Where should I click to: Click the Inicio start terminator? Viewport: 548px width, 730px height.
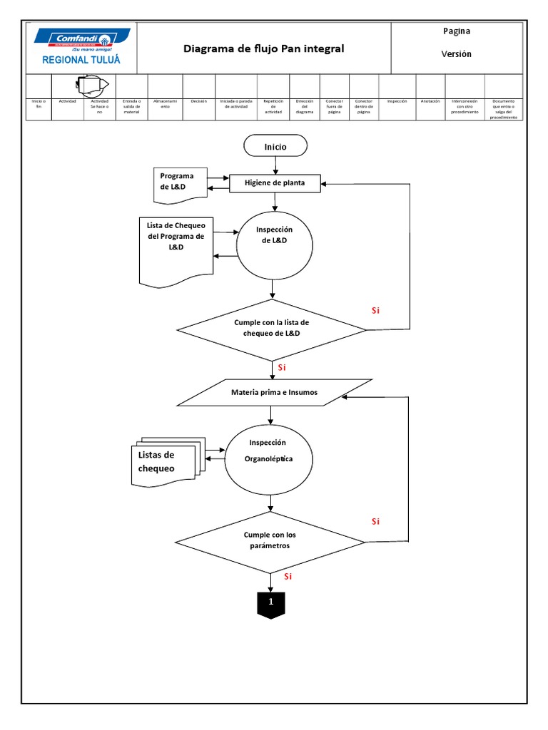pos(275,146)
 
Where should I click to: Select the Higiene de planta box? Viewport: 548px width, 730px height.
pos(275,183)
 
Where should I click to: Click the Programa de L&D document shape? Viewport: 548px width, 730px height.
pos(180,182)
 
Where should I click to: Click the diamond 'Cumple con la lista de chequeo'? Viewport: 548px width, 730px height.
pos(271,328)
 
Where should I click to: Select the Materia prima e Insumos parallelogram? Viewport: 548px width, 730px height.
pos(274,392)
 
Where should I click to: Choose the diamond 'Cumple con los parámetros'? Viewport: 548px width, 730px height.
pos(270,540)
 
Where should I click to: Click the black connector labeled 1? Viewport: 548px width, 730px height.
pos(270,603)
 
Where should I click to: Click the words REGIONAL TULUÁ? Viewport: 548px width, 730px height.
pos(81,60)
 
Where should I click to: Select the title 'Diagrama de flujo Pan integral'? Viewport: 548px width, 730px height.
pos(263,48)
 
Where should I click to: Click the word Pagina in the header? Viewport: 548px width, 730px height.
pos(457,31)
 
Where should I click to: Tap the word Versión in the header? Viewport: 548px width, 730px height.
pos(457,54)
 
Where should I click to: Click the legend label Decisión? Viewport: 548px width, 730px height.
pos(198,102)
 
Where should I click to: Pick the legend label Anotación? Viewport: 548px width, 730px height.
pos(430,102)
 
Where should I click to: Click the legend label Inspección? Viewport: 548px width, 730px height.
pos(397,102)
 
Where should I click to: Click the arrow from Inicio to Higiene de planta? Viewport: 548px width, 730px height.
pos(275,165)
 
